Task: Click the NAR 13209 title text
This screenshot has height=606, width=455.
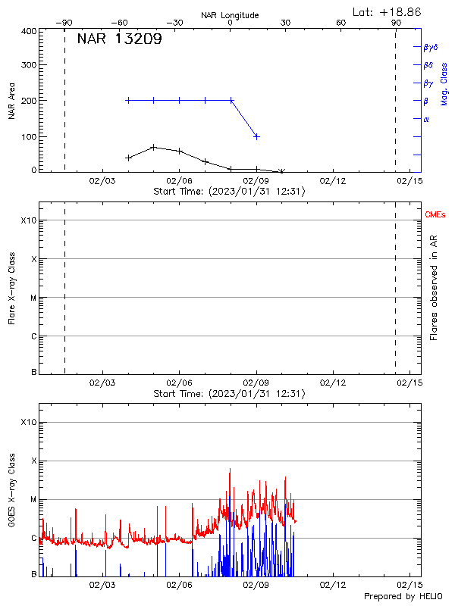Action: point(119,40)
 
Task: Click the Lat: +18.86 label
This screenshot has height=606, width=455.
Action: point(388,11)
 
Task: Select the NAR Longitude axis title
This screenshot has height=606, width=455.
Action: point(230,15)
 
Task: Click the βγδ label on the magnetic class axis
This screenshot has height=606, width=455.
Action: point(431,47)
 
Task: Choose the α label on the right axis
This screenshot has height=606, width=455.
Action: point(426,119)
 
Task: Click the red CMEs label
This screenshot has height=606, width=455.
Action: point(436,216)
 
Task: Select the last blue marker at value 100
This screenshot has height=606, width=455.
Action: point(257,136)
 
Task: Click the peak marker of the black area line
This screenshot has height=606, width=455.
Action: point(154,147)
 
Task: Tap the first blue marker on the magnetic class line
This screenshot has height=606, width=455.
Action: point(128,100)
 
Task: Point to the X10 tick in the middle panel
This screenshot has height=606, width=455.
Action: point(28,220)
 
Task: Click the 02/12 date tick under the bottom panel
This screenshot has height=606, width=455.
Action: point(333,586)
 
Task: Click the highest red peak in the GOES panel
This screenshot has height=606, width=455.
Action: point(230,469)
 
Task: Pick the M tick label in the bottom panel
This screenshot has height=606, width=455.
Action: point(32,499)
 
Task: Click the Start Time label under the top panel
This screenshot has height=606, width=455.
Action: point(229,192)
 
